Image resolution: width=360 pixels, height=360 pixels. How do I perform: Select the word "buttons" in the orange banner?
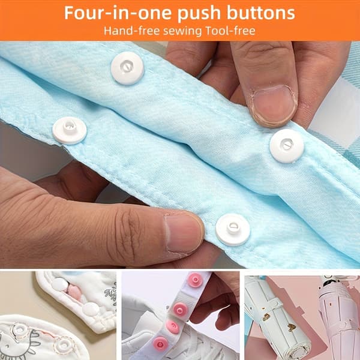(260, 13)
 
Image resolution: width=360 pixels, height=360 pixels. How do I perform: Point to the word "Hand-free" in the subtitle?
(131, 31)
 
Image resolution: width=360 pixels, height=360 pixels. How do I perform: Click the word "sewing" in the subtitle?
(182, 31)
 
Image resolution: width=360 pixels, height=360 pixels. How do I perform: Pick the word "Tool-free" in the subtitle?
(230, 31)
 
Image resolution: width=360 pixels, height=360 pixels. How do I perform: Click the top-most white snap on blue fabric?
(127, 68)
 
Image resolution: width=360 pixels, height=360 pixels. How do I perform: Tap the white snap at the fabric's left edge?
(70, 130)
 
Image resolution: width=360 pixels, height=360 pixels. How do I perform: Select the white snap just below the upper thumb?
(287, 146)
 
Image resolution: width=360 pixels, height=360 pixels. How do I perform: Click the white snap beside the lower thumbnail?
(233, 229)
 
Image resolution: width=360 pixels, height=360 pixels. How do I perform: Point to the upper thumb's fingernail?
(274, 105)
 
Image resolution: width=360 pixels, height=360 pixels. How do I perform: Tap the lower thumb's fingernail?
(183, 233)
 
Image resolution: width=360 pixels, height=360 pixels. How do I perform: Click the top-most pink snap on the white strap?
(196, 280)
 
